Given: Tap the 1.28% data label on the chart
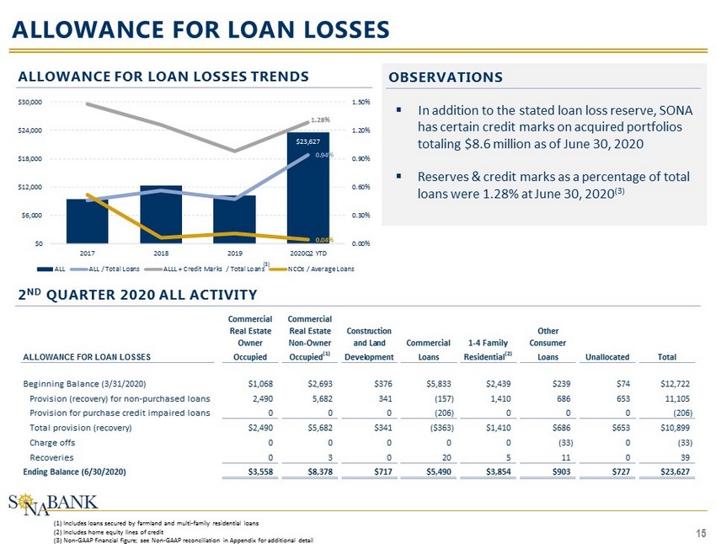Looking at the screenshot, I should tap(319, 120).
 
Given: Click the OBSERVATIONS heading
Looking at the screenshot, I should tap(446, 77).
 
